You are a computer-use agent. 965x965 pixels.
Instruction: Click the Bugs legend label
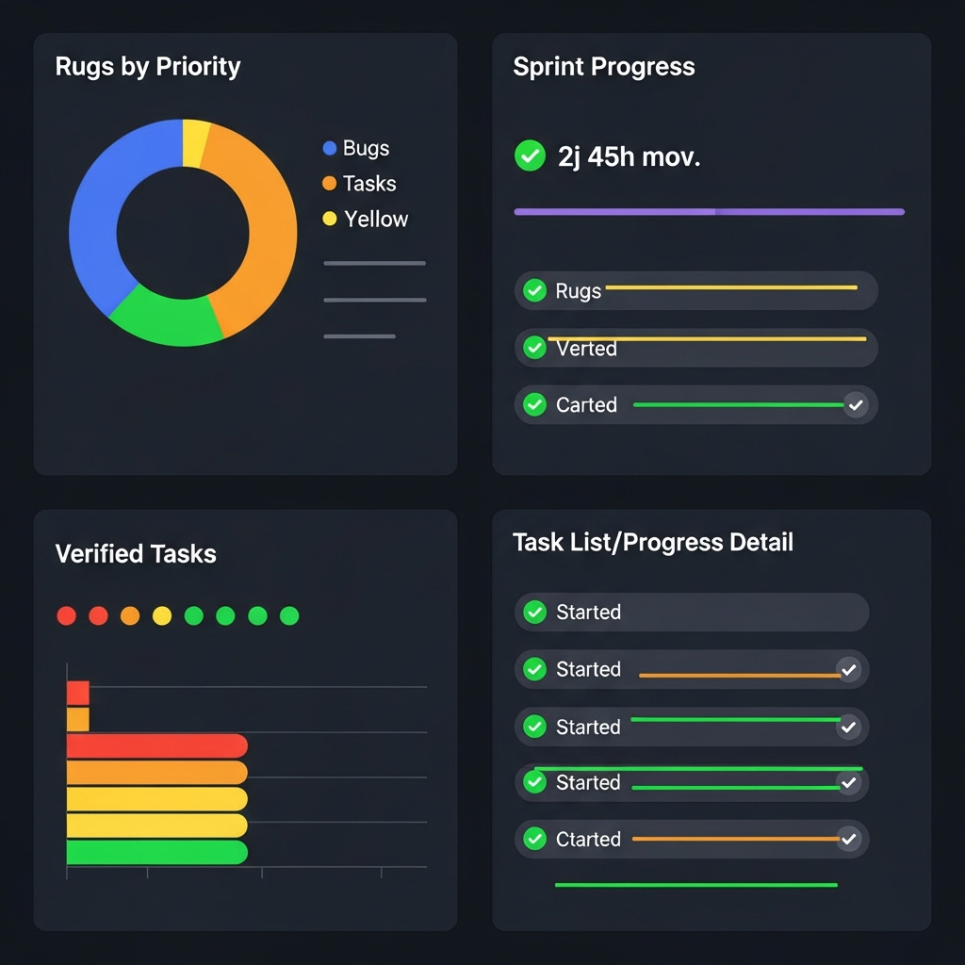366,148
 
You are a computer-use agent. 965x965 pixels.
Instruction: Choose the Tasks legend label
369,184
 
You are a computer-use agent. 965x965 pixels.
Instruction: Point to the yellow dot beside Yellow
329,219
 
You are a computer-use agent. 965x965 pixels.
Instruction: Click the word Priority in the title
199,67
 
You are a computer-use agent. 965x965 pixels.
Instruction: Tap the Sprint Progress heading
604,67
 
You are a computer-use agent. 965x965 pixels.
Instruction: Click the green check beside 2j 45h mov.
530,155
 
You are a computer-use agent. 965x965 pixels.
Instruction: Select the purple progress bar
709,212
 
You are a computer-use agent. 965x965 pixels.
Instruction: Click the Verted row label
586,349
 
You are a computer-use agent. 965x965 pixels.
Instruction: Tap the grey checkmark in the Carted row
856,405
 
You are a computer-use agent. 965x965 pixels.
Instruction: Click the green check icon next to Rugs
534,290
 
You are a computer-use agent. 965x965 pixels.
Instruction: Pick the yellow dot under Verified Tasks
162,615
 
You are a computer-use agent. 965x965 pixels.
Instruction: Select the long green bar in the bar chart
156,853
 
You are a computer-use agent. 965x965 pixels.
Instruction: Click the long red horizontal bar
156,746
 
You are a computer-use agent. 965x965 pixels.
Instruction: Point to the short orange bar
78,720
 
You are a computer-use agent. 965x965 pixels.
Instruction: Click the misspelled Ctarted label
588,839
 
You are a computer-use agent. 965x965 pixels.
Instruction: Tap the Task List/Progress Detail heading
653,543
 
